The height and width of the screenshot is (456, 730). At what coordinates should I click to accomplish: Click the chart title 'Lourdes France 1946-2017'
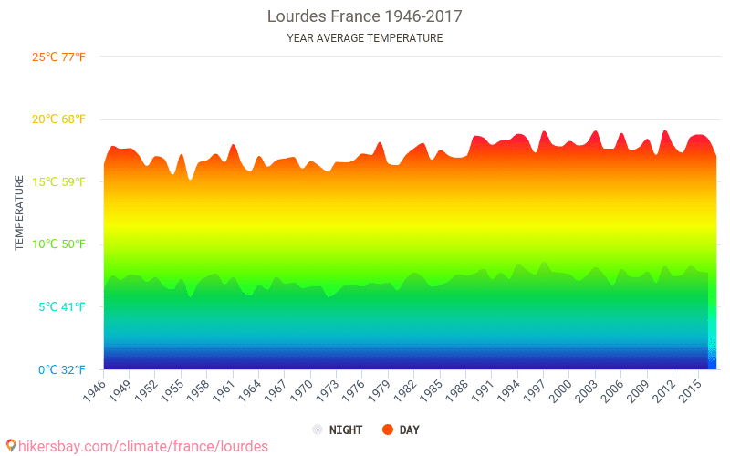[x=364, y=16]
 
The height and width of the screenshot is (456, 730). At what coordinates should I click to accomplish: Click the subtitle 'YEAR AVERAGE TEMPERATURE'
[x=364, y=38]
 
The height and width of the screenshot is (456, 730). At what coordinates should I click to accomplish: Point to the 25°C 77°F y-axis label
[x=58, y=57]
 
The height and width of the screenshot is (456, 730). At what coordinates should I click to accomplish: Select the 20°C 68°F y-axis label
[x=58, y=119]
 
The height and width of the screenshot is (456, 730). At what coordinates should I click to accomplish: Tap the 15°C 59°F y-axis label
[x=58, y=181]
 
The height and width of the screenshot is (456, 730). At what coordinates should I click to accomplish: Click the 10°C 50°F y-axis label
[x=58, y=244]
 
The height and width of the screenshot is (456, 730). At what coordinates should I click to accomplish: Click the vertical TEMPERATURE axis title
[x=19, y=213]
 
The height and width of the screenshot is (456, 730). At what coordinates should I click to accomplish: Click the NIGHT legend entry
[x=345, y=430]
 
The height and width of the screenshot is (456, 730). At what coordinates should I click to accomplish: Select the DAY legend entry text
[x=409, y=430]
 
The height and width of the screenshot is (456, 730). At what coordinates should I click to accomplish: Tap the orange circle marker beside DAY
[x=388, y=430]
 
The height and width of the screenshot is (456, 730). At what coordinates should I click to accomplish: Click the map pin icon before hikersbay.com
[x=11, y=445]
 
